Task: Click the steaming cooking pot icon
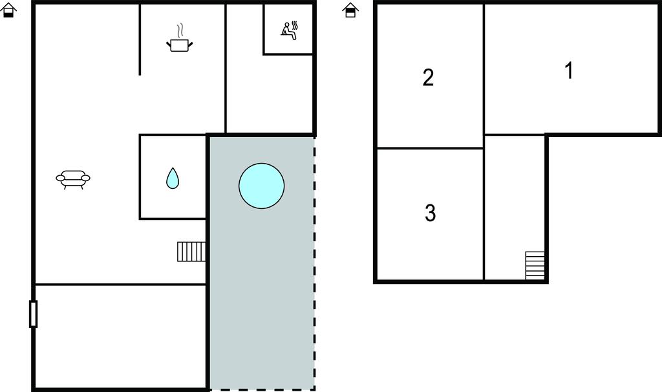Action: (x=180, y=38)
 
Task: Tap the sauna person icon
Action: (x=290, y=31)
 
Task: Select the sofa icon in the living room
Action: (x=73, y=179)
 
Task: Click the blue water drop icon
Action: (x=173, y=178)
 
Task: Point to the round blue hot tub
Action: (x=261, y=186)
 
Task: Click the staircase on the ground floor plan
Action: (x=191, y=252)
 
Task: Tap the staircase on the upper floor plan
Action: (x=535, y=265)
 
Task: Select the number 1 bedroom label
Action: (x=569, y=71)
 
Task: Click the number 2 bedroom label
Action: (x=428, y=78)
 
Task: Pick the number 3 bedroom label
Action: (x=430, y=213)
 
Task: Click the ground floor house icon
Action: (x=8, y=10)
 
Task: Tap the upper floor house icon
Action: (x=350, y=10)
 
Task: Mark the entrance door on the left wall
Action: (x=34, y=314)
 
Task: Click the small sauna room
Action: (x=288, y=28)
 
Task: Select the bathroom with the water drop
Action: (x=173, y=177)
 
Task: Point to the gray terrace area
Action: (x=262, y=263)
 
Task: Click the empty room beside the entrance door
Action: (x=121, y=336)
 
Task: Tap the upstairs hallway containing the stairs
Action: (x=515, y=207)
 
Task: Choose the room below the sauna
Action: (x=270, y=94)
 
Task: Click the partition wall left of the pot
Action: (x=140, y=39)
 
